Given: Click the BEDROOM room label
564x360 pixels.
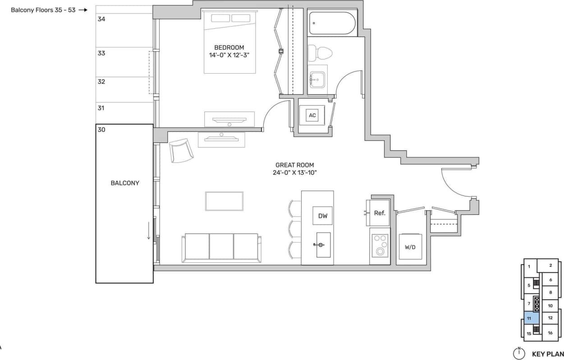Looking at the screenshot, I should [229, 47].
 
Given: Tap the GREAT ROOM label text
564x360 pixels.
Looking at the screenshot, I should [294, 165].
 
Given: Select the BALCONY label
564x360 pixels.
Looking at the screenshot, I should [125, 183].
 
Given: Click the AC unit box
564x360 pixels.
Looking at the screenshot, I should [312, 115].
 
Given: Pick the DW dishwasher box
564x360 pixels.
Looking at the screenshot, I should [323, 216].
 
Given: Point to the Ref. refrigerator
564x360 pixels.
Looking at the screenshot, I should [380, 212].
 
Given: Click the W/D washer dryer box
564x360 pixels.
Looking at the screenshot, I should [410, 247].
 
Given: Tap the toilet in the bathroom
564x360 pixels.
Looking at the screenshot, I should [324, 52].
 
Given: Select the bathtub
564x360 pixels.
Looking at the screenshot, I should [332, 23].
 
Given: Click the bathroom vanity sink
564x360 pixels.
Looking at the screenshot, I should [317, 79].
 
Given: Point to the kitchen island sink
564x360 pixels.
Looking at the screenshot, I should [323, 245].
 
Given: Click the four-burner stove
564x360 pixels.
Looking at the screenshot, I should [380, 245].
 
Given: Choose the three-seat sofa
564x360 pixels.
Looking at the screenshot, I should [221, 248].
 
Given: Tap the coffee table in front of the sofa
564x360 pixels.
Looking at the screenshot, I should [224, 201].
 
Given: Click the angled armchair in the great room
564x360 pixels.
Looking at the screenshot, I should [182, 150].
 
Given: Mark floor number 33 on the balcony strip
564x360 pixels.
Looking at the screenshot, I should [101, 53].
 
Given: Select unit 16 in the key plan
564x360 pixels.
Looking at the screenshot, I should [550, 333].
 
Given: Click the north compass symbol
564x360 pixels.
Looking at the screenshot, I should [519, 353].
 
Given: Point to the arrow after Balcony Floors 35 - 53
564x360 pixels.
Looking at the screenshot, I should [83, 9].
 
